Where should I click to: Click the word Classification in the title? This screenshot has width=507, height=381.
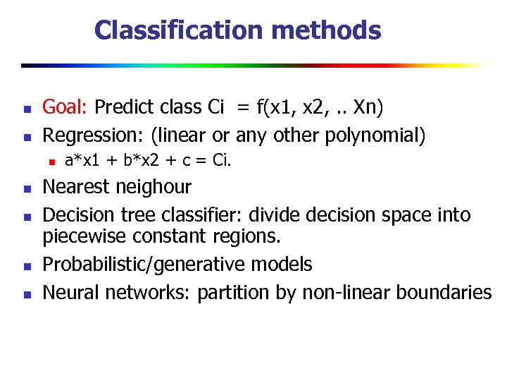click(175, 30)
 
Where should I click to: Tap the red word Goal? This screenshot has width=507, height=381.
click(65, 107)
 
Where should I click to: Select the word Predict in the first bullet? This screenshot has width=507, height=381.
click(120, 107)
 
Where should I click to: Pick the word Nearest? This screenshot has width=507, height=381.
click(75, 187)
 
